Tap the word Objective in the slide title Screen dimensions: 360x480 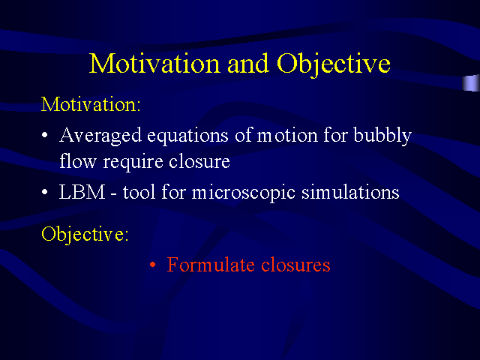(x=334, y=63)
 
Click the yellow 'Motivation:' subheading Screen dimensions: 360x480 (x=91, y=103)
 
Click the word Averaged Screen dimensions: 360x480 (x=94, y=136)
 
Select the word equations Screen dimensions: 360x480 (x=171, y=136)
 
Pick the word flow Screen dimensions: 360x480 (x=74, y=160)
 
